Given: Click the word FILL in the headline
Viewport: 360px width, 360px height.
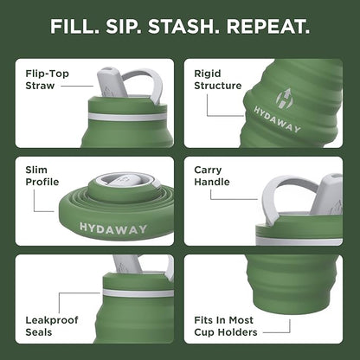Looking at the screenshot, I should (74, 27).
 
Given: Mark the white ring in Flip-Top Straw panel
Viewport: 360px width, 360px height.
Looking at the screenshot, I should (130, 115).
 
